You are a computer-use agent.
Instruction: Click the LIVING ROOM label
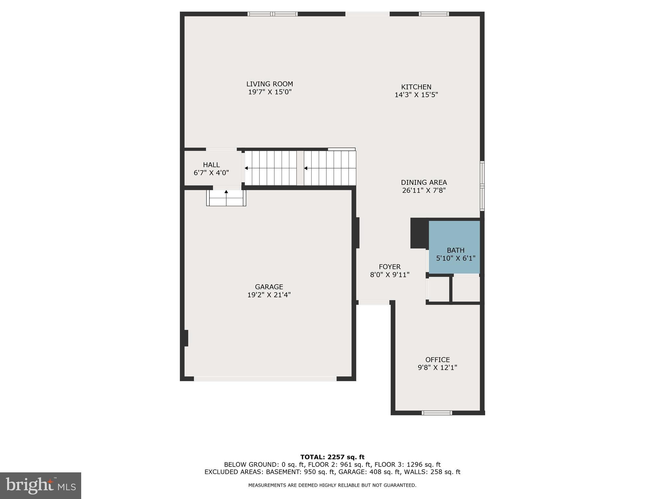coord(270,84)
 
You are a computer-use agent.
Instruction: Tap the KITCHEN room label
coord(416,87)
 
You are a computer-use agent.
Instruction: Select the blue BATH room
coord(454,247)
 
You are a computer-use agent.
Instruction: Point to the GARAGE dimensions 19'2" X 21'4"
coord(269,295)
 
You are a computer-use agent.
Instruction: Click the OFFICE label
coord(437,360)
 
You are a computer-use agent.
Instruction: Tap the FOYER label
coord(390,267)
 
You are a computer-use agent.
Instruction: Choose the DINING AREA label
coord(424,183)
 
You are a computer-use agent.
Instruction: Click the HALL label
coord(211,165)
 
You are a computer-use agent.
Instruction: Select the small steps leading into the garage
coord(226,198)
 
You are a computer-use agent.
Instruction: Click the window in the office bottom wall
coord(437,413)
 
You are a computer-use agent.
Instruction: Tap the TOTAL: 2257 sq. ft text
coord(332,457)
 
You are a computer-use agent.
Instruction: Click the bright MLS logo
coord(41,485)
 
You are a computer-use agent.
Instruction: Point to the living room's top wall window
coord(272,14)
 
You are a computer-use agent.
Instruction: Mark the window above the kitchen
coord(434,14)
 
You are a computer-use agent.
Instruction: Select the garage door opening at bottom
coord(265,379)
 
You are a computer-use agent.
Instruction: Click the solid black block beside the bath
coord(419,233)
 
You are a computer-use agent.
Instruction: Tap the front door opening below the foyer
coord(374,302)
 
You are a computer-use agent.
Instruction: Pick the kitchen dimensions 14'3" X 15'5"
coord(416,95)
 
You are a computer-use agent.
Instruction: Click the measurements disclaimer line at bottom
coord(332,485)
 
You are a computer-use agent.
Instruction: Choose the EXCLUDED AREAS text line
coord(332,472)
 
